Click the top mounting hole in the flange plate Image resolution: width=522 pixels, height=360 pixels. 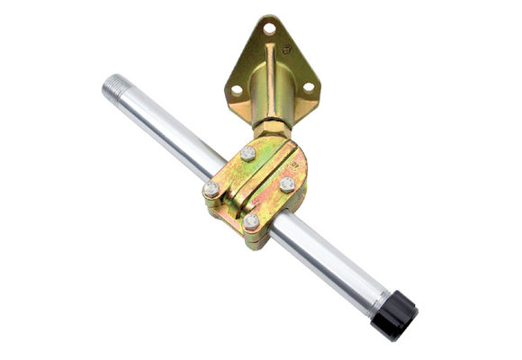click(268, 29)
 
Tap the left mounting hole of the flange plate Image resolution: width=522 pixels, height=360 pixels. click(237, 89)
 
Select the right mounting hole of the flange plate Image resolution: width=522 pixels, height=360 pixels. click(307, 87)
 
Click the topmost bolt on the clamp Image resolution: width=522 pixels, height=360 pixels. click(247, 153)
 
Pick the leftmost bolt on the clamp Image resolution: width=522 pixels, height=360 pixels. click(211, 189)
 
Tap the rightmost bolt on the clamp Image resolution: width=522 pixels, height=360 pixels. click(286, 184)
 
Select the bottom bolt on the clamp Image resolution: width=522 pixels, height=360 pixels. click(251, 220)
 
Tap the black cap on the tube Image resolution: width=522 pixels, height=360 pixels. click(399, 316)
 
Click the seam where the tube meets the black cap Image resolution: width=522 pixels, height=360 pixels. click(381, 301)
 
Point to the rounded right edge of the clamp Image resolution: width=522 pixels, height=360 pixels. click(302, 184)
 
